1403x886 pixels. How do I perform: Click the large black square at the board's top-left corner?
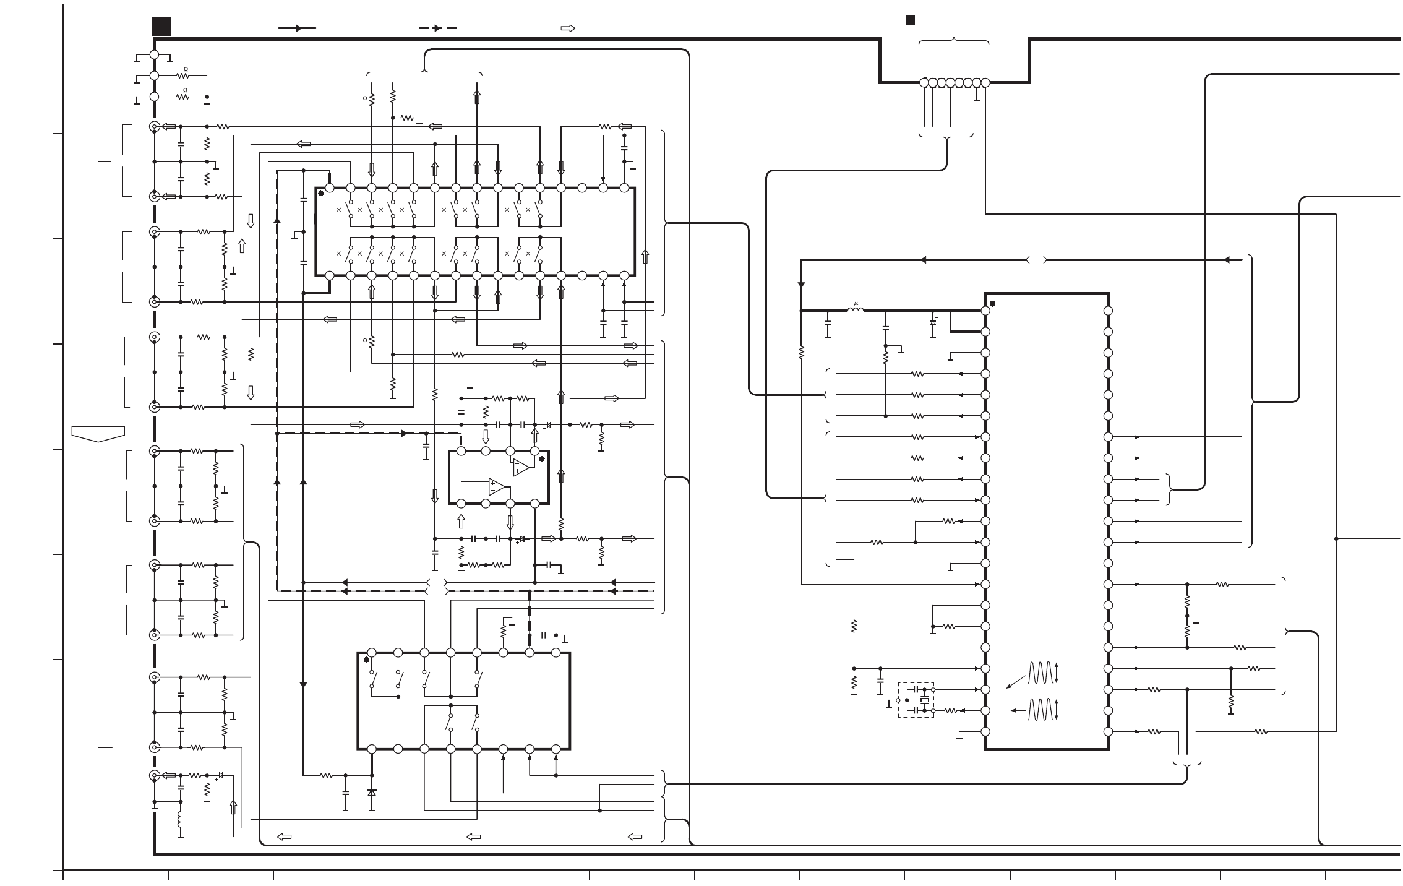coord(161,27)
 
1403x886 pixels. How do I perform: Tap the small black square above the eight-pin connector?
coord(910,20)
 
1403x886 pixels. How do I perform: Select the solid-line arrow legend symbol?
coord(297,28)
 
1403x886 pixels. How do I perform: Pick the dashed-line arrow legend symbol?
coord(438,28)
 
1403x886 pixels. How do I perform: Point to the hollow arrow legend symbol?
coord(568,28)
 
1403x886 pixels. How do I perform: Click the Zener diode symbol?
coord(372,792)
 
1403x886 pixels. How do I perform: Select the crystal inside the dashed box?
coord(924,700)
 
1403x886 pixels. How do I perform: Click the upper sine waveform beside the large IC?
coord(1040,673)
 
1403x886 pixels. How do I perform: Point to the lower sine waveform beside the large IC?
coord(1040,710)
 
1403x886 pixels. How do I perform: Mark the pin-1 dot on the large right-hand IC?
coord(992,304)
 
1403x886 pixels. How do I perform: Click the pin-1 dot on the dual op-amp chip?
coord(542,458)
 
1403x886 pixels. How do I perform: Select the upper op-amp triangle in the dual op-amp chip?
coord(521,467)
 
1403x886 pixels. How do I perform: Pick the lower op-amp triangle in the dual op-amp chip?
coord(496,487)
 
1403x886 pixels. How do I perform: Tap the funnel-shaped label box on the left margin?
coord(98,433)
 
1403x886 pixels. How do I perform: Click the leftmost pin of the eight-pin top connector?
coord(924,82)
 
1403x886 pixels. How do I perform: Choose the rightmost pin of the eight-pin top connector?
coord(985,82)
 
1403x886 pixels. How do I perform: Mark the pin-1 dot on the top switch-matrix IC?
coord(321,194)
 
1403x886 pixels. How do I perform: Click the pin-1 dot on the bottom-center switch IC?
coord(366,660)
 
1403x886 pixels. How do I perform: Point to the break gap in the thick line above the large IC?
coord(1036,260)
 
